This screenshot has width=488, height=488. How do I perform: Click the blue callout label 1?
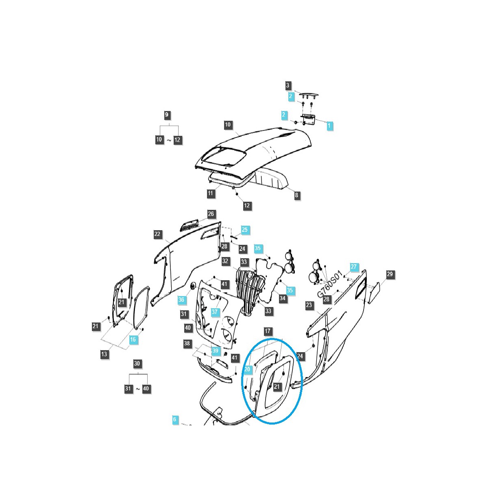point(329,126)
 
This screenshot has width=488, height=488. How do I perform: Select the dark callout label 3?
point(288,85)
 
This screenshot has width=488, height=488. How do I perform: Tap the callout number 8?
point(296,195)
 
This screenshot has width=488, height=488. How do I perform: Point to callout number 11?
point(210,193)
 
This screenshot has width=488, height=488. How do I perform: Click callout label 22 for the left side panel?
point(158,234)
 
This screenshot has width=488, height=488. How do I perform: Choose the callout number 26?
point(211,214)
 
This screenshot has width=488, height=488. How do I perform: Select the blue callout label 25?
point(244,230)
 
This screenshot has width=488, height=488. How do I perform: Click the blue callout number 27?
point(353,267)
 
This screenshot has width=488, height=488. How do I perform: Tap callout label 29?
point(390,274)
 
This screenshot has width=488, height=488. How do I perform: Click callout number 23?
point(309,305)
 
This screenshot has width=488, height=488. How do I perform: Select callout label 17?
point(267,331)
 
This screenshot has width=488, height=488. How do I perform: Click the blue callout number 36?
point(181,300)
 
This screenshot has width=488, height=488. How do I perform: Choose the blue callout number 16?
point(133,340)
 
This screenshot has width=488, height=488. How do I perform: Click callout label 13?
point(104,354)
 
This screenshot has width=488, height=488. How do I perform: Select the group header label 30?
point(137,364)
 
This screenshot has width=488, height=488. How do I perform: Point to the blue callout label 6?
point(175,420)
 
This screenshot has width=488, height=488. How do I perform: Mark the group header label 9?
point(167,115)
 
